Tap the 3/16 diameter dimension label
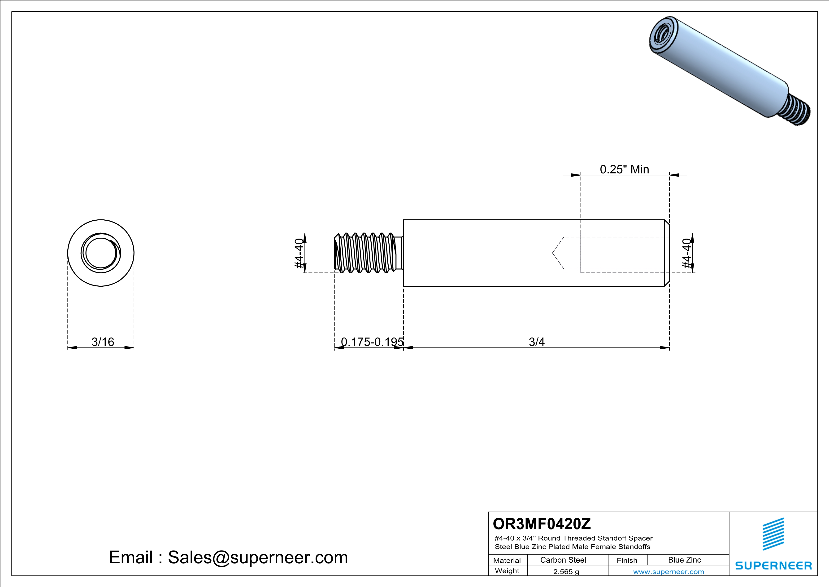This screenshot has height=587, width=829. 103,342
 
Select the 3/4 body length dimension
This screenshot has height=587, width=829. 537,342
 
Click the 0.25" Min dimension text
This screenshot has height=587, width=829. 624,169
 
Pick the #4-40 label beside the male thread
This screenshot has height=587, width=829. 299,253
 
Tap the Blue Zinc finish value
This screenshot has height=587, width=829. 685,560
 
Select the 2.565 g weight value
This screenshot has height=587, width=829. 566,571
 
